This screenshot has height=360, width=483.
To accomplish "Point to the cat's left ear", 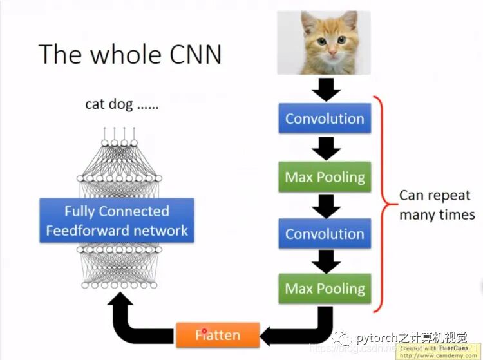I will click(308, 23).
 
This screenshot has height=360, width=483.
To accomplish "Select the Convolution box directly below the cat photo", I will click(325, 119).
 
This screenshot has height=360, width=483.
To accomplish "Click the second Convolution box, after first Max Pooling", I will click(325, 234).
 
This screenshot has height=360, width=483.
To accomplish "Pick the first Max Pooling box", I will click(325, 177).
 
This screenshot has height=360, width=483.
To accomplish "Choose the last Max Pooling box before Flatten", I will click(325, 289).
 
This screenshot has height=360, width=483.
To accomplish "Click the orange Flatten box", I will click(218, 335).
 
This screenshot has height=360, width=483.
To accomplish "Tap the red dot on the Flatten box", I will click(204, 332).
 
